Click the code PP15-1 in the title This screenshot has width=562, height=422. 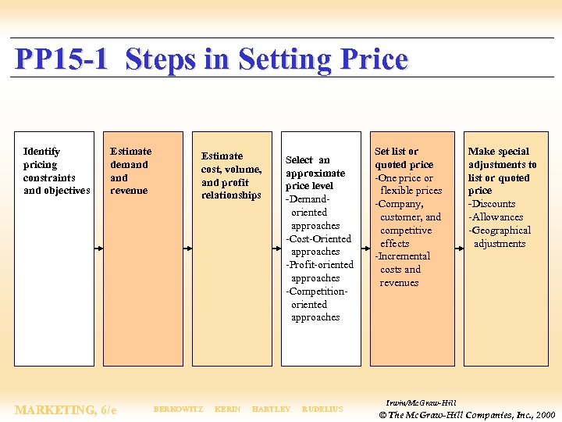tap(61, 59)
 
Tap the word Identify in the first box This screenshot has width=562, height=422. tap(41, 152)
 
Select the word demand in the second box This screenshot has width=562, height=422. tap(129, 165)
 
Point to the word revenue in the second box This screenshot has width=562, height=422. tap(129, 191)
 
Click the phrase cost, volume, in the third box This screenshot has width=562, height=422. tap(231, 170)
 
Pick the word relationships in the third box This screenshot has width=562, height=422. tap(231, 195)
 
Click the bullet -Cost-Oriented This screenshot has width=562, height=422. tap(318, 239)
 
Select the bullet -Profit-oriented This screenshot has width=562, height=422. tap(319, 265)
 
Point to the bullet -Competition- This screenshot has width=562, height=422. tap(316, 291)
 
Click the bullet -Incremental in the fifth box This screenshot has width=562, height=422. tap(403, 256)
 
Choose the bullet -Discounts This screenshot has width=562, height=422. tap(492, 204)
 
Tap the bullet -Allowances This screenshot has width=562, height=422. tap(496, 217)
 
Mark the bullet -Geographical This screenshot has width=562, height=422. tap(500, 231)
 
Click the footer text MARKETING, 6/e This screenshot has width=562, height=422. tap(66, 409)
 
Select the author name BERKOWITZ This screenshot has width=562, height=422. tap(178, 409)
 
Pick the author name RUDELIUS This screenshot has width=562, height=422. tap(322, 409)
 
